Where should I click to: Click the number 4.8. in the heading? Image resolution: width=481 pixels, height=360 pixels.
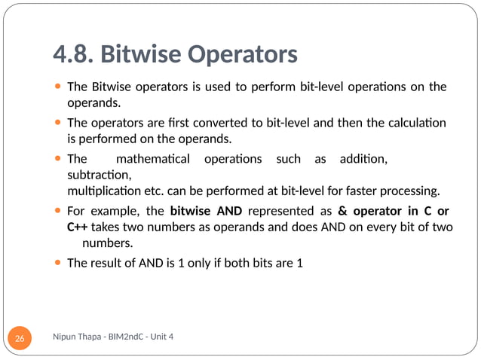[x=72, y=54]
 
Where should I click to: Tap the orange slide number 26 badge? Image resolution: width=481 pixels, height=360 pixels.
[x=20, y=339]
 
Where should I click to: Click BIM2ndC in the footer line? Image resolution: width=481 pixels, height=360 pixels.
[x=127, y=336]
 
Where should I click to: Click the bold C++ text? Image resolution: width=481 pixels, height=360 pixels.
[x=77, y=227]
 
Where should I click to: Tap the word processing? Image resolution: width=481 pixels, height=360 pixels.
[x=409, y=188]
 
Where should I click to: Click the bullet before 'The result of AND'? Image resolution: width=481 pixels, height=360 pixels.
[x=59, y=263]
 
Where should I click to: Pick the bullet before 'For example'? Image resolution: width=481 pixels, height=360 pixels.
[x=59, y=210]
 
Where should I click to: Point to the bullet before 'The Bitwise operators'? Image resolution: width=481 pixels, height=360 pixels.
[x=59, y=87]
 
